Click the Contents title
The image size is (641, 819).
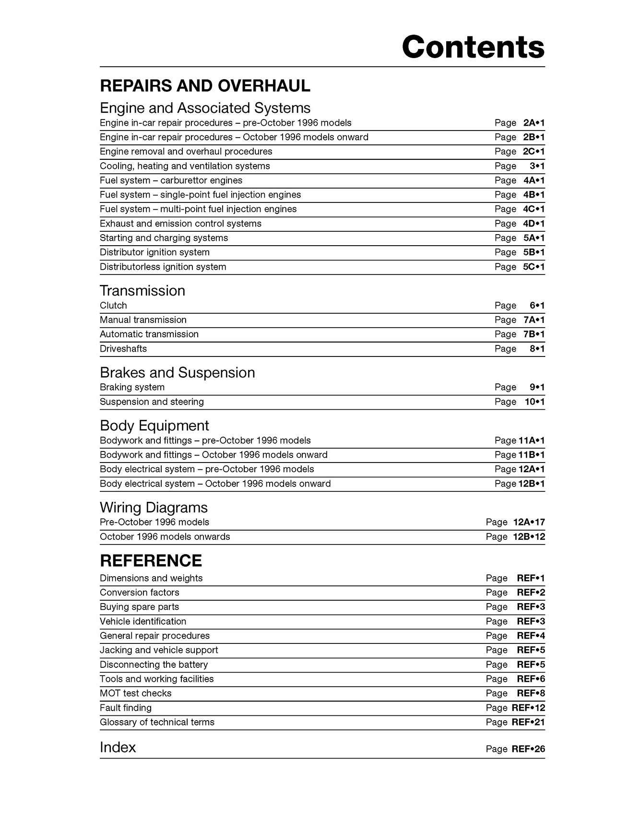coord(473,47)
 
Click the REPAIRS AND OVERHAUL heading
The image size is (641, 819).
coord(205,86)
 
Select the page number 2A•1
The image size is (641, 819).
coord(534,123)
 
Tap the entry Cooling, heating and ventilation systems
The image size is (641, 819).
coord(185,166)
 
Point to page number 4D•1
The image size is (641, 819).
coord(534,224)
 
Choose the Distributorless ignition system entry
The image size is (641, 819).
coord(163,267)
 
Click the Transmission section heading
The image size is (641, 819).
coord(142,291)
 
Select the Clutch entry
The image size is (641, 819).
coord(113,306)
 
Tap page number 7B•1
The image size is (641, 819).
coord(534,334)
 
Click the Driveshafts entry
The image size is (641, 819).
coord(123,349)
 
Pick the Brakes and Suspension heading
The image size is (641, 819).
coord(177,373)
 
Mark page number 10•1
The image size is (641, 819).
coord(534,402)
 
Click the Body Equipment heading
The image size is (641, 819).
coord(154,426)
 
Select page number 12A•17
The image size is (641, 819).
coord(529,522)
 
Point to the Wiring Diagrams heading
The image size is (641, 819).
coord(154,508)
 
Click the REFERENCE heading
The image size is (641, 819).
coord(151,560)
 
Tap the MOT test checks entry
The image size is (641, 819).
coord(135,693)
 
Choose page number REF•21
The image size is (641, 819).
coord(528,722)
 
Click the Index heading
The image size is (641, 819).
coord(118,747)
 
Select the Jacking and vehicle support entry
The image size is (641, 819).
coord(159,650)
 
